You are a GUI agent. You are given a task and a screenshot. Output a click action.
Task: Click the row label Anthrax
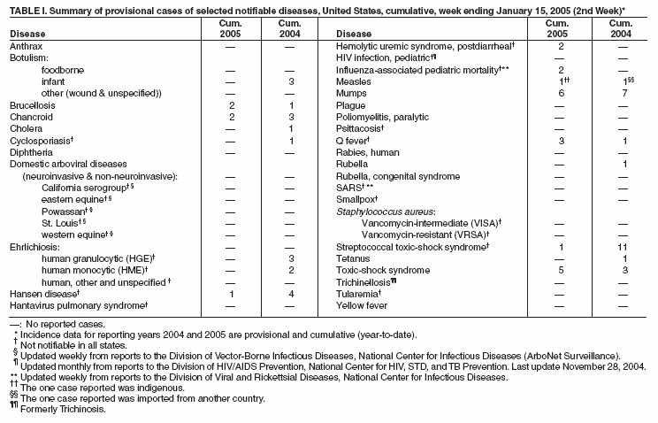tap(27, 44)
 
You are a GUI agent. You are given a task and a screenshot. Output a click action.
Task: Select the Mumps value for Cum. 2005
tap(561, 92)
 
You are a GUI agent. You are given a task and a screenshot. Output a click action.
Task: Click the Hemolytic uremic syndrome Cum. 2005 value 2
tap(561, 44)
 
